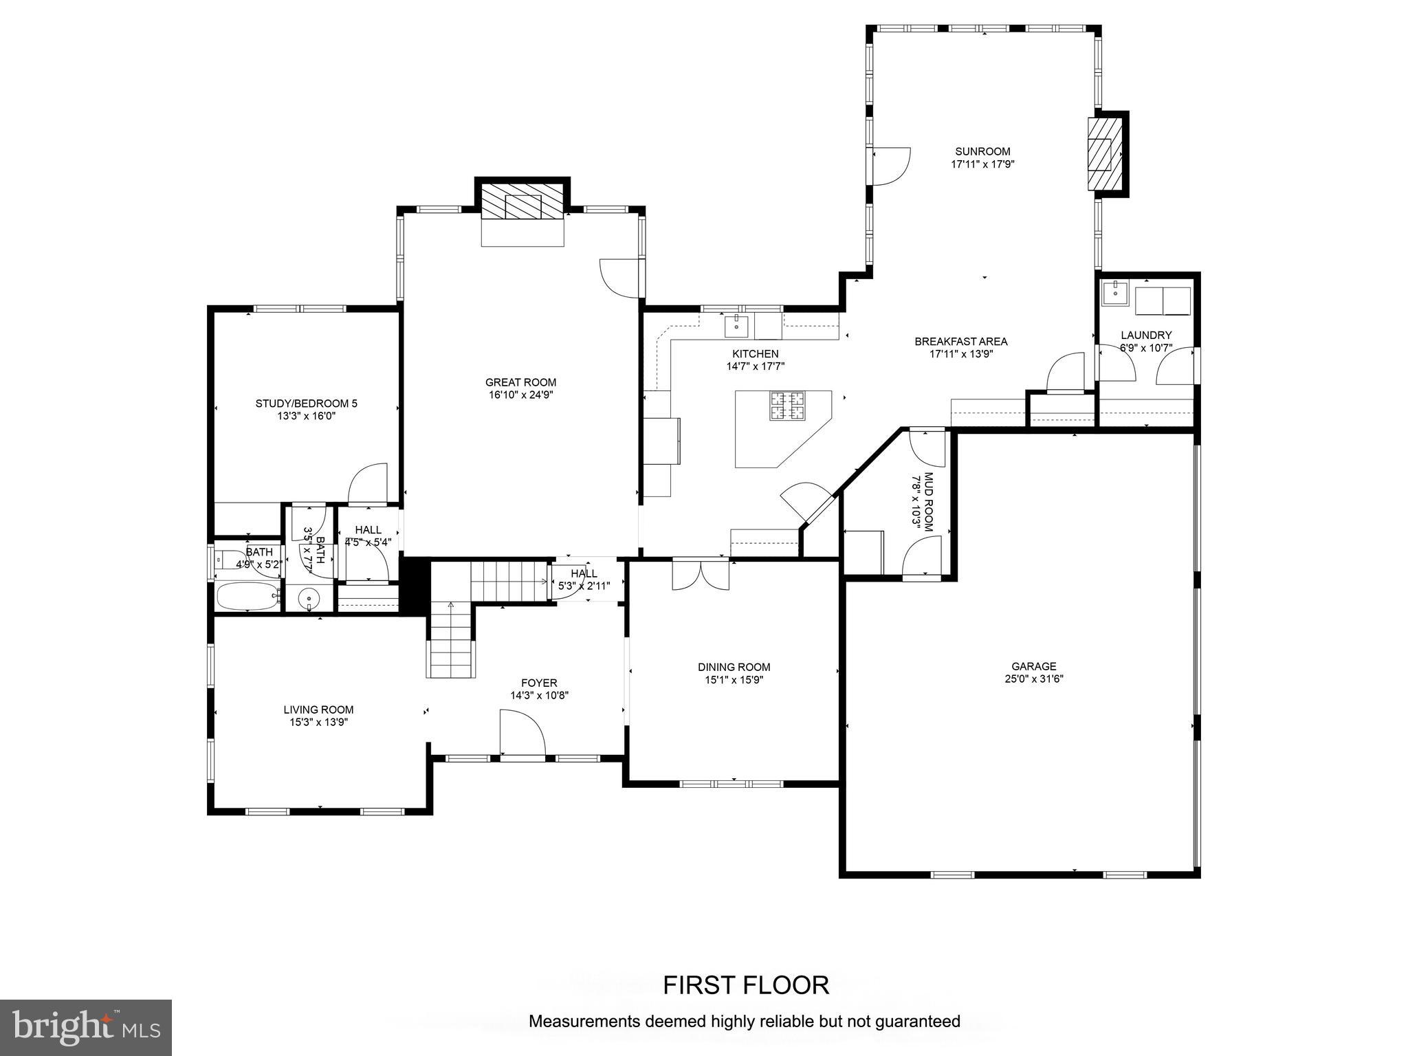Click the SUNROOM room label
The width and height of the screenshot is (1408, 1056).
point(982,152)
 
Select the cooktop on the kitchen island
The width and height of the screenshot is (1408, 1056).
point(787,406)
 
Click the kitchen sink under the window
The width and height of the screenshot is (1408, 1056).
point(736,325)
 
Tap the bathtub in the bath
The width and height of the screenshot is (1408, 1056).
point(247,596)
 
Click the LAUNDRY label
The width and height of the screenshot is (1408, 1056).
point(1145,335)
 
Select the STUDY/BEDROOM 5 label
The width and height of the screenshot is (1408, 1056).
point(306,404)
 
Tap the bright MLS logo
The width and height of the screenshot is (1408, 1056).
point(85,1027)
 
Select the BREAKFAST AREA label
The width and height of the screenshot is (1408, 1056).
point(960,342)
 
